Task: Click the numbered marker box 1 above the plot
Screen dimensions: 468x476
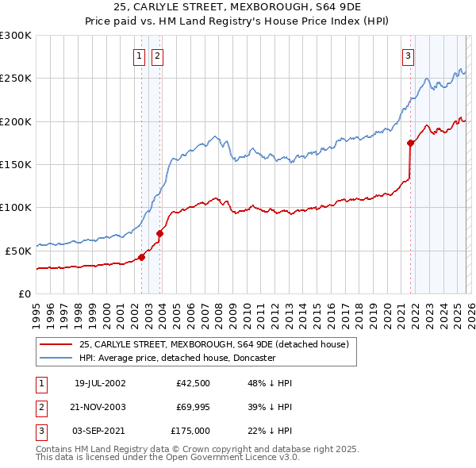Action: [139, 56]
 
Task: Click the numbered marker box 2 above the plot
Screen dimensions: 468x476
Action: [157, 56]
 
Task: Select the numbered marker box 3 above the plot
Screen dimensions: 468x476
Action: [408, 56]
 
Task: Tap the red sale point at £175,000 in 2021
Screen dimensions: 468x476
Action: [410, 144]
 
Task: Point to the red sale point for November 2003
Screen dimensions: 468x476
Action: [160, 233]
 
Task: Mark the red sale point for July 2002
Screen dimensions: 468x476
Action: [142, 257]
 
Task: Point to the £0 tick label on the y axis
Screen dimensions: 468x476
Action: [25, 293]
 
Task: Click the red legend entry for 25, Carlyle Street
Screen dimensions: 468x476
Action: [214, 344]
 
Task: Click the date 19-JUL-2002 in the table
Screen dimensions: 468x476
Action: [100, 383]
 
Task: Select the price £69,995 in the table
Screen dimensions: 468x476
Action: [192, 406]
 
